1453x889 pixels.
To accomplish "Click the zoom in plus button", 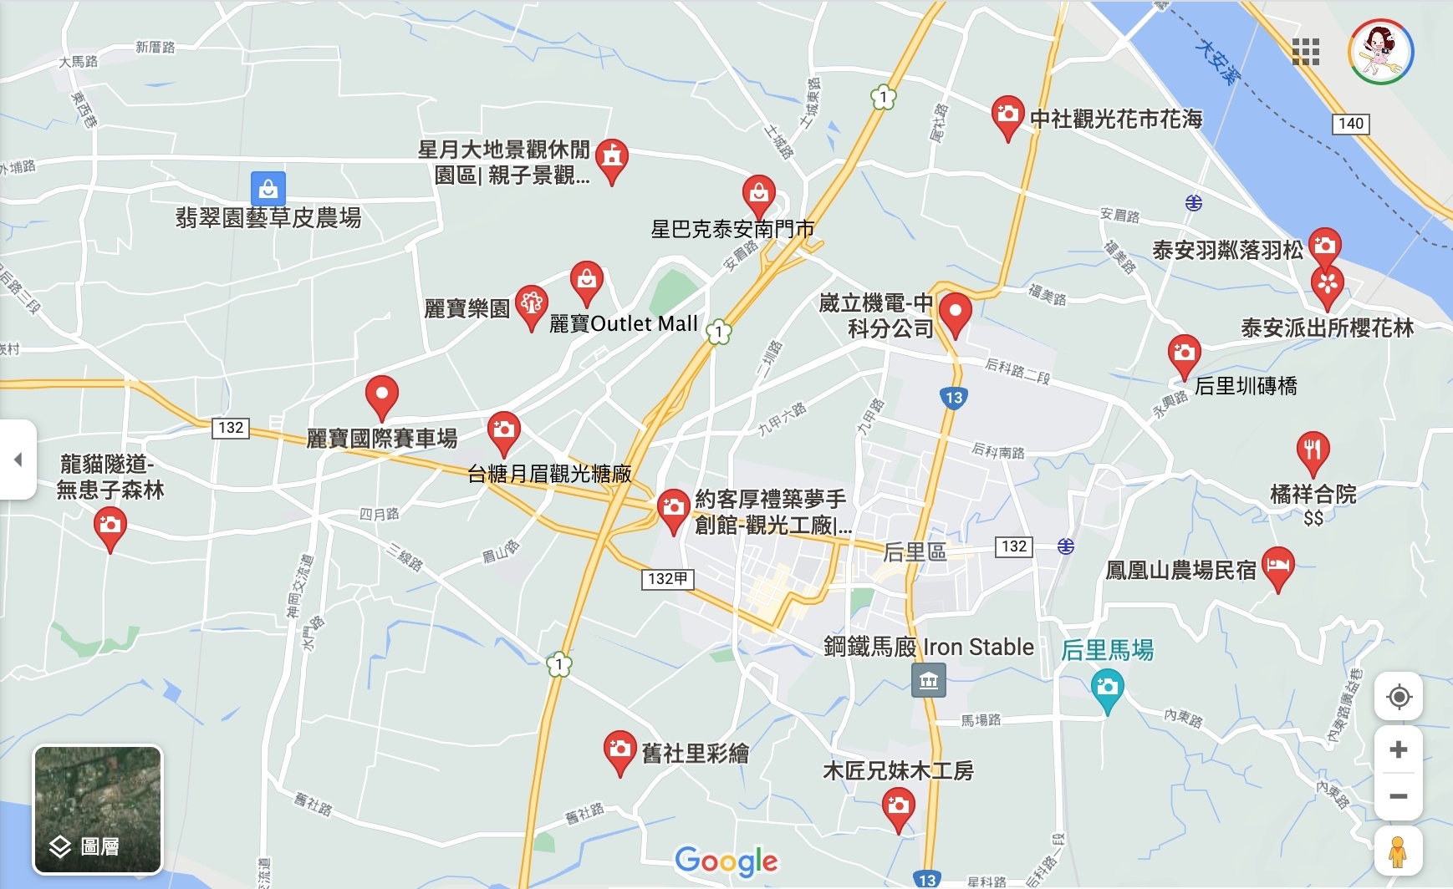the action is tap(1398, 749).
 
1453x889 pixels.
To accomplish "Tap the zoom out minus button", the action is tap(1398, 796).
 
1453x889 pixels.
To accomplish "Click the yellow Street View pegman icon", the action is tap(1398, 851).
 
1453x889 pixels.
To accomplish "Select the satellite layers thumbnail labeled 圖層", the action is tap(98, 809).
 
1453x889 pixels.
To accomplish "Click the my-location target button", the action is tap(1398, 697).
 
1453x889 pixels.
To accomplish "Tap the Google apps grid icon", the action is tap(1305, 52).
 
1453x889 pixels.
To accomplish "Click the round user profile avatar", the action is tap(1380, 52).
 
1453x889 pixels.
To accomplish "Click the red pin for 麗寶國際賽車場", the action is tap(381, 396).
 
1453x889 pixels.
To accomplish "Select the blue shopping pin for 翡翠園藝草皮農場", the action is tap(268, 189).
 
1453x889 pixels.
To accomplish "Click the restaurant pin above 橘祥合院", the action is tap(1313, 451).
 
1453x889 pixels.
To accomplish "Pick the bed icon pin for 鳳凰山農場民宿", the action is tap(1277, 566).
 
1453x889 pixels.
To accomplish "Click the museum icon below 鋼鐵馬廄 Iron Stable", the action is tap(929, 680).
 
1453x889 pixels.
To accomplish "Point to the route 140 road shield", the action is tap(1350, 124).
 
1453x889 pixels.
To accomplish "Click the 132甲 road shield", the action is tap(667, 578).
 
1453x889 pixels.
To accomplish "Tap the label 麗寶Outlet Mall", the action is tap(623, 324).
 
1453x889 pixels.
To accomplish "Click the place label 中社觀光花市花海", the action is tap(1115, 119).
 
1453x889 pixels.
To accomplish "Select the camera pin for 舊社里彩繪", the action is tap(619, 750).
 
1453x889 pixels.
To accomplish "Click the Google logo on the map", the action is tap(726, 861).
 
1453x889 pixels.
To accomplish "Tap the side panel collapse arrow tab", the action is tap(18, 460).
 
